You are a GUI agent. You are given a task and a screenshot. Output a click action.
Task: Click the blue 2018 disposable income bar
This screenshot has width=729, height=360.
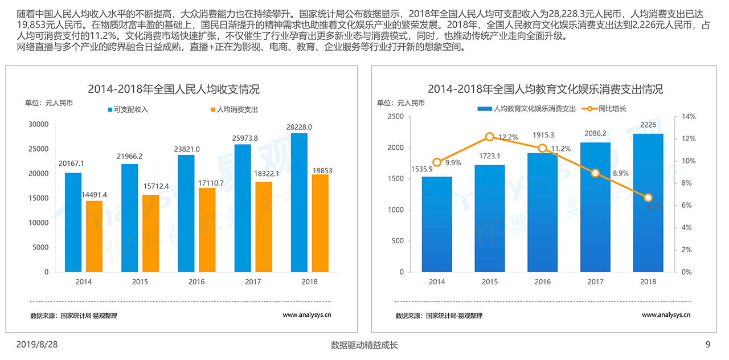point(299,202)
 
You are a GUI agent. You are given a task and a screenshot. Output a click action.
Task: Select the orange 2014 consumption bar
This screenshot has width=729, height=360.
point(95,236)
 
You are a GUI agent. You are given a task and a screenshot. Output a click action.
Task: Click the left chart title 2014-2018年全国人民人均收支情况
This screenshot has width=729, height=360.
point(173,89)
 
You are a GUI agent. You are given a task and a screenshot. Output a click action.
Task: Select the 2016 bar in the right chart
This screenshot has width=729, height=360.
point(543,212)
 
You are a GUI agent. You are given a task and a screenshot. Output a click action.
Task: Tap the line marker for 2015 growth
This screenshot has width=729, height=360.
point(490,137)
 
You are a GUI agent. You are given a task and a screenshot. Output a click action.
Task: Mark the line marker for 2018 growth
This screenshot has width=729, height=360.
point(648,198)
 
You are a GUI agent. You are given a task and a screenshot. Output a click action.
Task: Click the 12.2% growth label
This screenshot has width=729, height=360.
point(508,137)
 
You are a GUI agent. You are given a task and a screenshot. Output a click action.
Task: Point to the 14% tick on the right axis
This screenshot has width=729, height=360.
point(689,117)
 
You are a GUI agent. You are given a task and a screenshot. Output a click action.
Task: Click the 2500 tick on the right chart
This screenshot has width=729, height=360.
point(396,117)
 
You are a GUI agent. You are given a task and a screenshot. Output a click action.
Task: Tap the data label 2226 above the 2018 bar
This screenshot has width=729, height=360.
point(648,125)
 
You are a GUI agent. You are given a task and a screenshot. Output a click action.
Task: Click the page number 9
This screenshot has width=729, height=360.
point(708,344)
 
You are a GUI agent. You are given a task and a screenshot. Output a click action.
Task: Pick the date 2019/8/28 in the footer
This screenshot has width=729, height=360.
point(37,344)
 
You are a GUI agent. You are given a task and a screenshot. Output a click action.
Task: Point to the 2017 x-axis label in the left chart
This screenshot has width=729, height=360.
point(253,282)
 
